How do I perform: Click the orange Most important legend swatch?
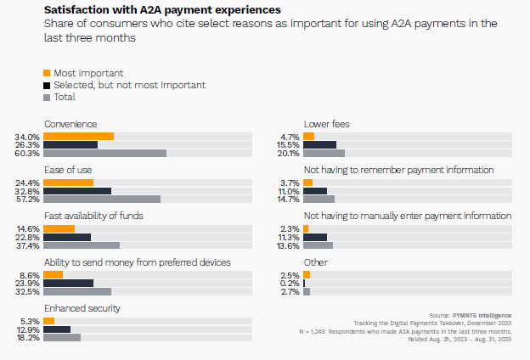coord(47,73)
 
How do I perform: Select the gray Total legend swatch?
coord(47,97)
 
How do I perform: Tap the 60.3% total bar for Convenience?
coord(104,154)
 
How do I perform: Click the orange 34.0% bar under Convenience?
coord(78,137)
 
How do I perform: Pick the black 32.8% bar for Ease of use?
coord(77,191)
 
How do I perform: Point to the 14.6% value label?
coord(28,228)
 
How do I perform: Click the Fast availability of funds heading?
coord(93,216)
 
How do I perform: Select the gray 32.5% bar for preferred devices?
coord(76,291)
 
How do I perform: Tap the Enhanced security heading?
coord(82,307)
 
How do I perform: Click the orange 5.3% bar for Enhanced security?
coord(48,320)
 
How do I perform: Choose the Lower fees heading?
coord(326,124)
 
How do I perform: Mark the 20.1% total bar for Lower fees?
coord(324,154)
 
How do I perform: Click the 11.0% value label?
coord(290,191)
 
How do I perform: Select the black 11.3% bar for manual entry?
coord(315,237)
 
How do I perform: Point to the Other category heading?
coord(315,262)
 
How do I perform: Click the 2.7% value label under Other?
coord(290,291)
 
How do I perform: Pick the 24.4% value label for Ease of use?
coord(28,183)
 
